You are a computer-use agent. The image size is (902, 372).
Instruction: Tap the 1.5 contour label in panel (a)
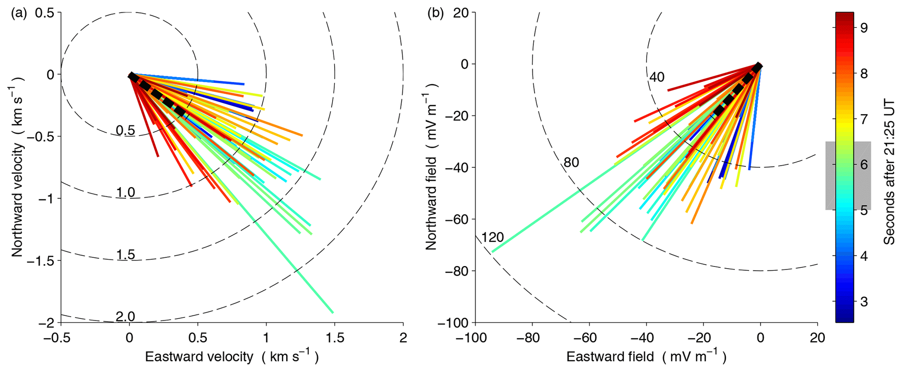[x=126, y=255]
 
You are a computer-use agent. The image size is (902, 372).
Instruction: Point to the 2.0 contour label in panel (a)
[x=126, y=317]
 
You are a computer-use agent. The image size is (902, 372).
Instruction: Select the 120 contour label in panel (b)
[x=492, y=238]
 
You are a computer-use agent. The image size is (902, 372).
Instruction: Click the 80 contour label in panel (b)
[x=571, y=163]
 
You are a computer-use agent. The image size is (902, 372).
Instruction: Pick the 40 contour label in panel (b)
[x=657, y=78]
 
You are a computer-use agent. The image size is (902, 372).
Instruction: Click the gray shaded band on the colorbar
[x=848, y=176]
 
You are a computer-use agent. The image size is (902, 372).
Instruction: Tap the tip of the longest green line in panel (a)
[x=333, y=313]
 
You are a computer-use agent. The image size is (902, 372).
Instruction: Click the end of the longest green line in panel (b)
[x=492, y=252]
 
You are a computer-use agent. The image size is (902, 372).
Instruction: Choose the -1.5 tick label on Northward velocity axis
[x=41, y=261]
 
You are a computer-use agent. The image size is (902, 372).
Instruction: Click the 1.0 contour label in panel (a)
[x=126, y=192]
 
